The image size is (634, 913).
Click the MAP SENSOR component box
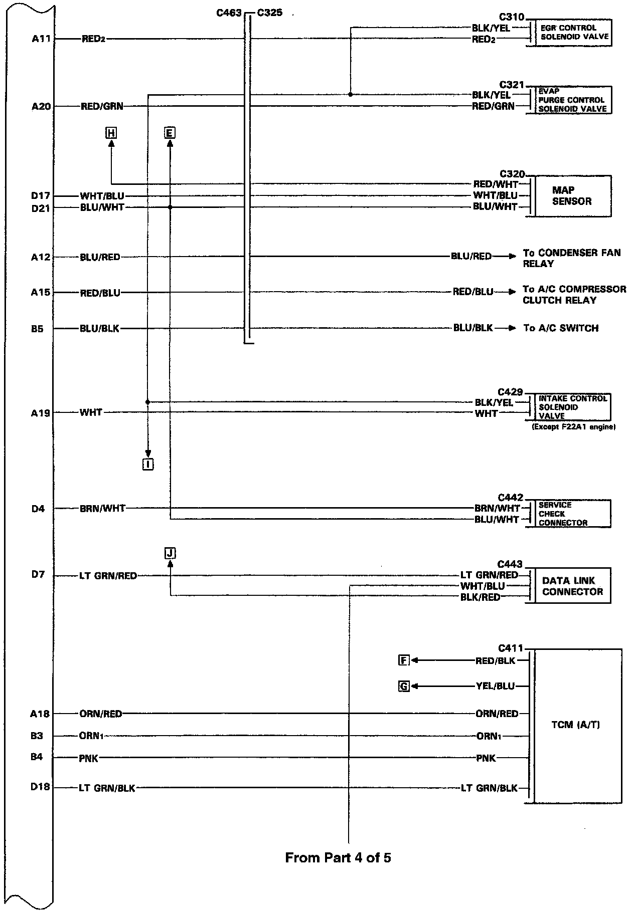pos(572,196)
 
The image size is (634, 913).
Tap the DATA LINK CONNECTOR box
pos(572,586)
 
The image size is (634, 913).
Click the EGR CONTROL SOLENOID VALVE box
pos(574,33)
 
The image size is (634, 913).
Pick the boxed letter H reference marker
pos(111,133)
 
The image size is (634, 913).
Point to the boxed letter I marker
pos(147,465)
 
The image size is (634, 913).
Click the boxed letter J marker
pos(170,553)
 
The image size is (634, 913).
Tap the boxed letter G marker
pos(404,687)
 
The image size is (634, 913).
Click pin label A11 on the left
pos(41,39)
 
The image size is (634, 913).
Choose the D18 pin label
pos(40,787)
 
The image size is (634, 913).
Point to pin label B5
pos(37,329)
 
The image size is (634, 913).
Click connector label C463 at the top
pos(229,13)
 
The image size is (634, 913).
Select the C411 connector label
pos(511,648)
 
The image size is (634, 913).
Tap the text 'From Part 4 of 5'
pos(338,857)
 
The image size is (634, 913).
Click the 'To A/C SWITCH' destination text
pos(561,328)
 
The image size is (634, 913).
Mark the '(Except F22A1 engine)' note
pos(573,427)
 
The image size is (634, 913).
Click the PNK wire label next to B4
pos(89,759)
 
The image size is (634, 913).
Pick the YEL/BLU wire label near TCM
pos(495,687)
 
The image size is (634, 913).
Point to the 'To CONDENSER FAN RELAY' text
pos(571,258)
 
